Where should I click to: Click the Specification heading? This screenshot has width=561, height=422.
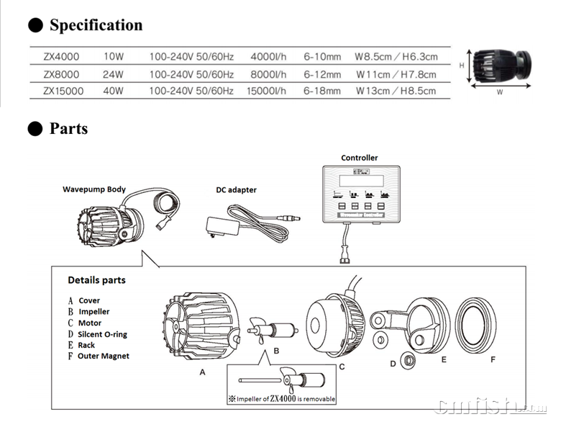point(96,25)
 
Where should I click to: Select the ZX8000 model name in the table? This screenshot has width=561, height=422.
point(61,73)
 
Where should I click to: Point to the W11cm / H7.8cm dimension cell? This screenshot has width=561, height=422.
point(396,73)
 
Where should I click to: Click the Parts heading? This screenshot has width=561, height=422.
point(68,129)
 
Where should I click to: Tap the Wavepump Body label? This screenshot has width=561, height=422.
point(94,189)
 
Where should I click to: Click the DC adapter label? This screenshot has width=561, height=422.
point(236,190)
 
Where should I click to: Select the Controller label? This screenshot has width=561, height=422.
point(359,158)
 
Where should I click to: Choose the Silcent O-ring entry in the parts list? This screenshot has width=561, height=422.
point(102,334)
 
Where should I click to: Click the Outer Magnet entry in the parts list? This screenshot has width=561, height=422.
point(104,356)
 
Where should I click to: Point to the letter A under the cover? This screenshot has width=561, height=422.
point(202,372)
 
